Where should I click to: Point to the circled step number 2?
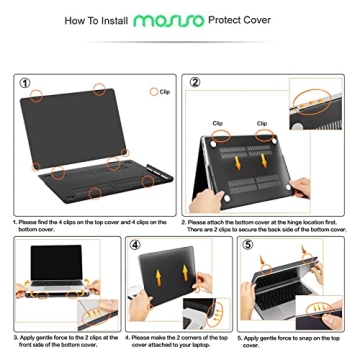click(195, 83)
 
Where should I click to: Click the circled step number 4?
click(137, 244)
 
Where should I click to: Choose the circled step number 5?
click(251, 244)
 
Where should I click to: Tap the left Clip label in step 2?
click(218, 124)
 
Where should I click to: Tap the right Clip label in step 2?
click(262, 124)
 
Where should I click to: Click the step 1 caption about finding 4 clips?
click(91, 225)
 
